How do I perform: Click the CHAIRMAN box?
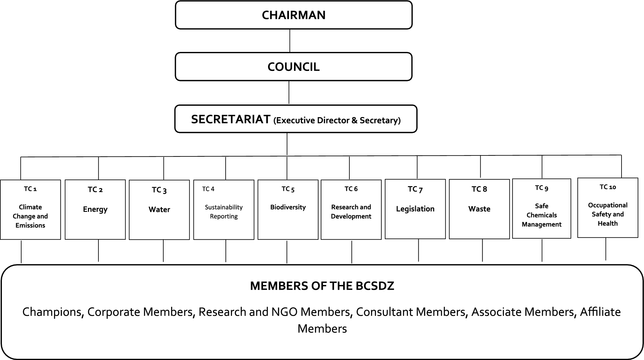pyautogui.click(x=294, y=15)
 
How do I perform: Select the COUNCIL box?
pyautogui.click(x=294, y=67)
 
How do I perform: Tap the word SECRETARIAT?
pyautogui.click(x=231, y=119)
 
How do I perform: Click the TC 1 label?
pyautogui.click(x=30, y=189)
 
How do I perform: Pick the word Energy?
pyautogui.click(x=95, y=209)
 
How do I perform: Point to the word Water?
pyautogui.click(x=159, y=210)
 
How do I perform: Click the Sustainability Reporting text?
pyautogui.click(x=224, y=212)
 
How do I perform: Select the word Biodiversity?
pyautogui.click(x=288, y=207)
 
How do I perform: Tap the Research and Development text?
pyautogui.click(x=351, y=212)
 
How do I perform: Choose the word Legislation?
pyautogui.click(x=415, y=209)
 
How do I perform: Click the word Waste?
pyautogui.click(x=479, y=209)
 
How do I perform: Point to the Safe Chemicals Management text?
pyautogui.click(x=541, y=215)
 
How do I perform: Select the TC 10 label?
pyautogui.click(x=608, y=187)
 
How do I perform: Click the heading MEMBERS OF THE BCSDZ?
pyautogui.click(x=322, y=286)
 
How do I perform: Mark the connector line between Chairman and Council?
pyautogui.click(x=290, y=41)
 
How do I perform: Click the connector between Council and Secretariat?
pyautogui.click(x=289, y=92)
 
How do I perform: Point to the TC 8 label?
pyautogui.click(x=479, y=189)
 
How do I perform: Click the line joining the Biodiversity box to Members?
pyautogui.click(x=287, y=252)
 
